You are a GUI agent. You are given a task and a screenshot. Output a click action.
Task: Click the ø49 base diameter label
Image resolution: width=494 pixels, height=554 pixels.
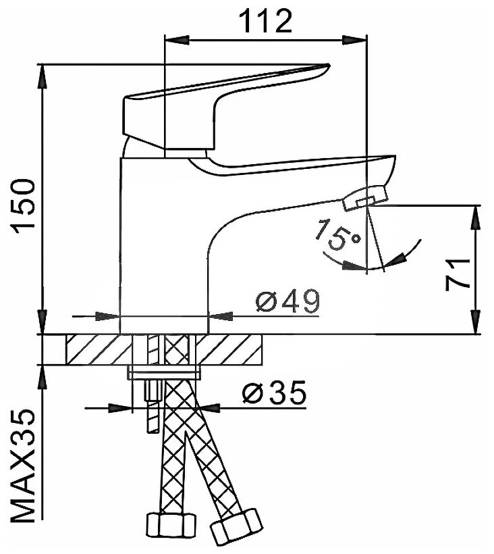(288, 301)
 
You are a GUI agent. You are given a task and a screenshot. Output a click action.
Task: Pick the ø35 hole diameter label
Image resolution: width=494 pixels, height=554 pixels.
(274, 392)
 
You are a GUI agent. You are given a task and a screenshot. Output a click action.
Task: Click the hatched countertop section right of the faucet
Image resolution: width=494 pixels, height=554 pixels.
(236, 349)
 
